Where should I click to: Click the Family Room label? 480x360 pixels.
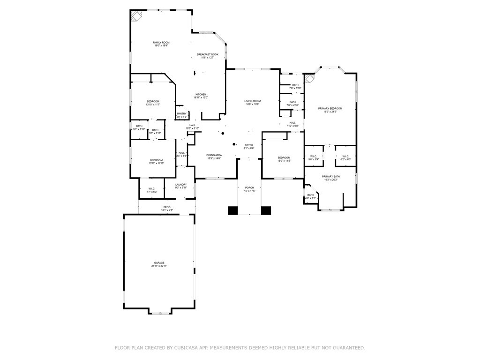[161, 43]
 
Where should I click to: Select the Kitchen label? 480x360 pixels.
[201, 95]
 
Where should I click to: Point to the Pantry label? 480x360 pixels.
[181, 114]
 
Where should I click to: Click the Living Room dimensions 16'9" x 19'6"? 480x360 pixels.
[252, 105]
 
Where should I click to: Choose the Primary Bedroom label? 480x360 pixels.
[330, 109]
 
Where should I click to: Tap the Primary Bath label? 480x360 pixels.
[330, 176]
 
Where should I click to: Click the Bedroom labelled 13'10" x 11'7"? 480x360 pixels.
[153, 102]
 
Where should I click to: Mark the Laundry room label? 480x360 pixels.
[181, 185]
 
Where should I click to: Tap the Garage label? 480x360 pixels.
[159, 263]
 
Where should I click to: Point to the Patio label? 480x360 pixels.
[167, 207]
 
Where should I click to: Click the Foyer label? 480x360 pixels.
[249, 145]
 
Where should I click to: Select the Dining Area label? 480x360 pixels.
[214, 155]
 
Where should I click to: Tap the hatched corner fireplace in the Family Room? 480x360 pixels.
[136, 16]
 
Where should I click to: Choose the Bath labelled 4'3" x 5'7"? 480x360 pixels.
[310, 195]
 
